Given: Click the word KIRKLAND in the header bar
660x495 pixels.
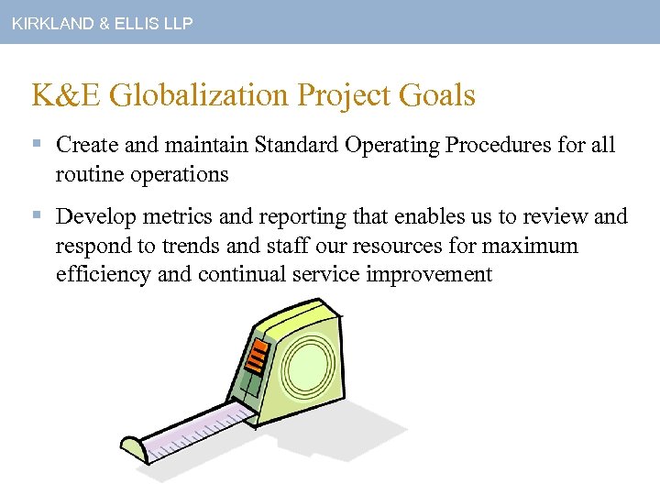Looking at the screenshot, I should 47,24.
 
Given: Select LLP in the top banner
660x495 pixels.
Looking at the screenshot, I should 176,24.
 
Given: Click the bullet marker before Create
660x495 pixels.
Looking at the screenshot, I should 36,145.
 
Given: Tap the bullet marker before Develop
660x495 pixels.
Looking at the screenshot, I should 36,217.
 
